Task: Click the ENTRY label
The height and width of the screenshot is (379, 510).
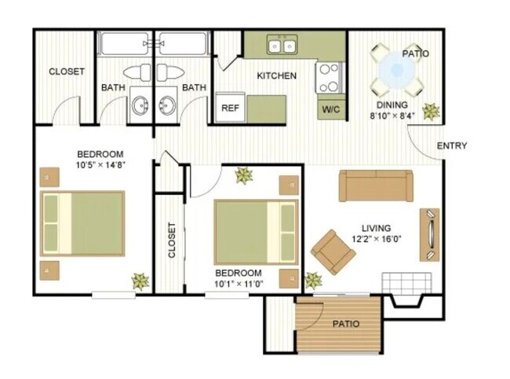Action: tap(452, 145)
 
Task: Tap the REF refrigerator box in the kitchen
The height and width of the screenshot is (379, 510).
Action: tap(229, 108)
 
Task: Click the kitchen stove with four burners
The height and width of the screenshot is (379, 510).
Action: tap(330, 78)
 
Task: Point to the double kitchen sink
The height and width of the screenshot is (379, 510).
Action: tap(282, 46)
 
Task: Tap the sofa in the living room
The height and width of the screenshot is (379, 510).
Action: tap(376, 186)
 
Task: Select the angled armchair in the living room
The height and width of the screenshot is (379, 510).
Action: tap(333, 251)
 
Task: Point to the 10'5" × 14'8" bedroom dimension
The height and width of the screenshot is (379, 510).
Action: tap(101, 165)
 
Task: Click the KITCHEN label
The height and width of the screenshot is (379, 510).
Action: tap(277, 76)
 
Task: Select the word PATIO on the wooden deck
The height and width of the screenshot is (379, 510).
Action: tap(345, 323)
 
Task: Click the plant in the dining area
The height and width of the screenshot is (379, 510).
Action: tap(431, 112)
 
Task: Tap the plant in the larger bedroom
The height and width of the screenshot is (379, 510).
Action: tap(140, 281)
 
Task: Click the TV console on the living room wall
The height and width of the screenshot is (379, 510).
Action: tap(430, 234)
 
